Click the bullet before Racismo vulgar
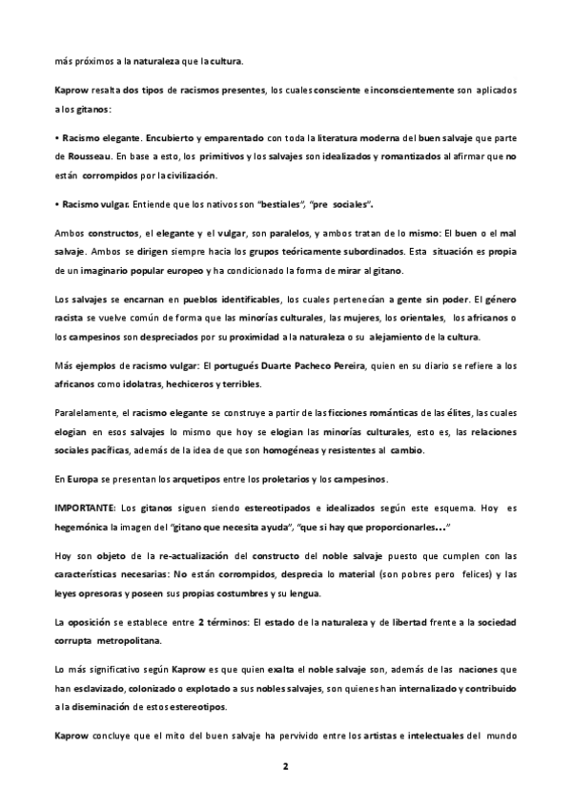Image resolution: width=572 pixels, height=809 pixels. pos(57,205)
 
